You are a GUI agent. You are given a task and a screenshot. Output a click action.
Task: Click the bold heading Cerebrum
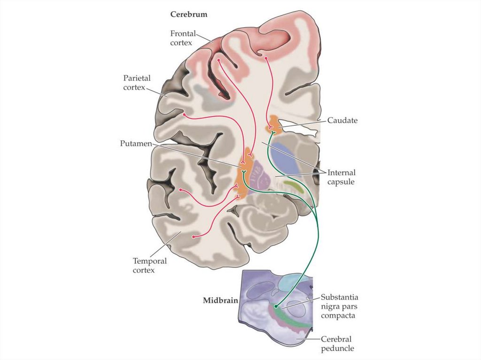(188, 14)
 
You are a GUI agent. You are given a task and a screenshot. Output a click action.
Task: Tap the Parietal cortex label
(137, 83)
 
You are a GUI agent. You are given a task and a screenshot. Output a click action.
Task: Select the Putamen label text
(136, 143)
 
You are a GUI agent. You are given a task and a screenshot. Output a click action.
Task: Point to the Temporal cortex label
(150, 265)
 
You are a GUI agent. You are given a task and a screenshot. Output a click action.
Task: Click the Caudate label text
(342, 121)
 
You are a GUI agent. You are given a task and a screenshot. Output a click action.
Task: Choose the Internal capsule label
(341, 177)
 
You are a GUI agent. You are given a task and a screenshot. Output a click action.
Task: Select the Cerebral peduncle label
(336, 344)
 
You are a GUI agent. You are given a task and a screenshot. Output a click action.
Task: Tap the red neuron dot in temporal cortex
(194, 237)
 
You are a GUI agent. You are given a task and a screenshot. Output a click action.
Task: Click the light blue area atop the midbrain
(294, 282)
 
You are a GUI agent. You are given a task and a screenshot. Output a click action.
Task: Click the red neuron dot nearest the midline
(266, 58)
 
